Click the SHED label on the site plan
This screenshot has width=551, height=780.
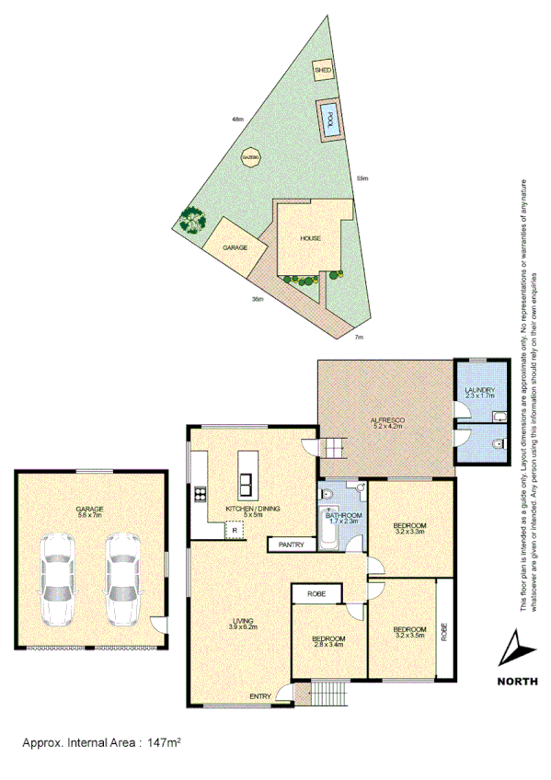point(323,70)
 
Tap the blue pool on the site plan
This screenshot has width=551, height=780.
point(327,120)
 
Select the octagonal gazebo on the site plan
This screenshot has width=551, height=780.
point(247,158)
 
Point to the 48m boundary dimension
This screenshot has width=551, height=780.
point(237,119)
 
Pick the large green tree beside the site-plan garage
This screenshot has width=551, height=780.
point(191,221)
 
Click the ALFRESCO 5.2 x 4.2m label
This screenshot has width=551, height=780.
point(388,423)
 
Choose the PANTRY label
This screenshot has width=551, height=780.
point(292,544)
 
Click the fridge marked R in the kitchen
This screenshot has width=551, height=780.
point(235,530)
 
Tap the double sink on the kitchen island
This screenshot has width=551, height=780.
point(247,484)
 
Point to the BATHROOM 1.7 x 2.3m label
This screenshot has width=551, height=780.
point(344,520)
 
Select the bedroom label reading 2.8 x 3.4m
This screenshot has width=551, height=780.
point(328,642)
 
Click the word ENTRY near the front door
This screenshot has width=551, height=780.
point(259,696)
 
